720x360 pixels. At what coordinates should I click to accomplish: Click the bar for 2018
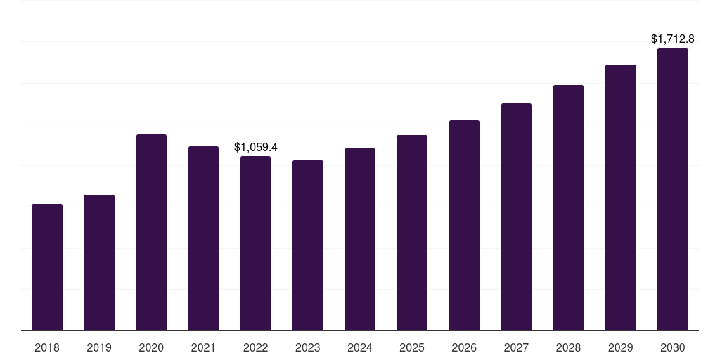point(47,267)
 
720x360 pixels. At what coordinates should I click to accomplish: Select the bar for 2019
point(99,262)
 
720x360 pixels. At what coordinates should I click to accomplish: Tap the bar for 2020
point(151,232)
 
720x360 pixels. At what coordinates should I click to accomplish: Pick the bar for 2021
point(203,238)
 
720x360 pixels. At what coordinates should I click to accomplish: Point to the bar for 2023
point(308,245)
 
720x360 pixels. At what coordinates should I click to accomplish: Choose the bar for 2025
point(412,233)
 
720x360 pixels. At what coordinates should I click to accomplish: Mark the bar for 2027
point(516,217)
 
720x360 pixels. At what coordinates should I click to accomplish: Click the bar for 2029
point(621,198)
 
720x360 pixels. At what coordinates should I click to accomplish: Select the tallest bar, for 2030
point(673,189)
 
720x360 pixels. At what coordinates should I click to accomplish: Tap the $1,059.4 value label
point(256,148)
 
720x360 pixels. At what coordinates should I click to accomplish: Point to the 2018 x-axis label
point(47,347)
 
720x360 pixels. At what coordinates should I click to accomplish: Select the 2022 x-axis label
point(256,347)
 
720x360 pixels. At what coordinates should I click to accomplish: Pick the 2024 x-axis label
point(360,347)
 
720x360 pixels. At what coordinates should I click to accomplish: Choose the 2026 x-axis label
point(464,347)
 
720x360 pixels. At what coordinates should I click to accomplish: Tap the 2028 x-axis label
point(568,347)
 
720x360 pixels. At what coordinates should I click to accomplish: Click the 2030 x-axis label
point(673,347)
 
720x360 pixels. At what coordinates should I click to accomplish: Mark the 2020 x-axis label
point(151,347)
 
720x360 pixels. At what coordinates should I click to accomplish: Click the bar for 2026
point(464,225)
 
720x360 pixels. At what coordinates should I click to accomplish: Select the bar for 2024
point(360,239)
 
